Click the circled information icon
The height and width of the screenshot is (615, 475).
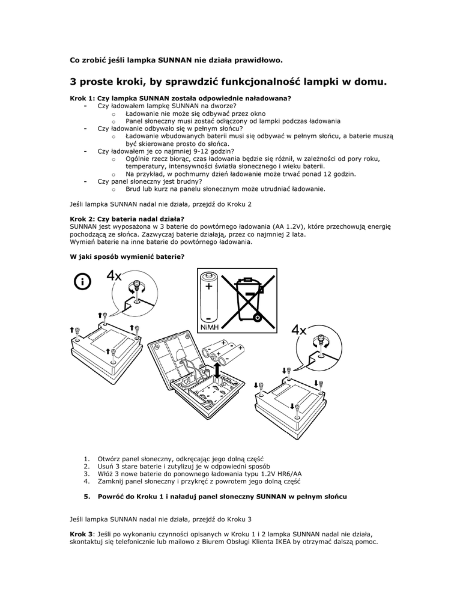click(84, 282)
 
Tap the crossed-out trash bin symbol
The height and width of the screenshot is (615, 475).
click(247, 298)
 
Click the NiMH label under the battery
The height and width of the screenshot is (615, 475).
click(209, 326)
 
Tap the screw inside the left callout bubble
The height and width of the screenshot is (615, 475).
click(137, 286)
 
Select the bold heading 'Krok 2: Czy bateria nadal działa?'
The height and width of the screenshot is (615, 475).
click(127, 219)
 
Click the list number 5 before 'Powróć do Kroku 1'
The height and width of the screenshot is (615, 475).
click(86, 497)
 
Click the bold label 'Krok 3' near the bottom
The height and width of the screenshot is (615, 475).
click(82, 533)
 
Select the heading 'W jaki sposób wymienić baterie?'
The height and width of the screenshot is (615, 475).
click(127, 257)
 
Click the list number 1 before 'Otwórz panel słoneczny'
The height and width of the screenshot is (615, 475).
click(86, 458)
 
